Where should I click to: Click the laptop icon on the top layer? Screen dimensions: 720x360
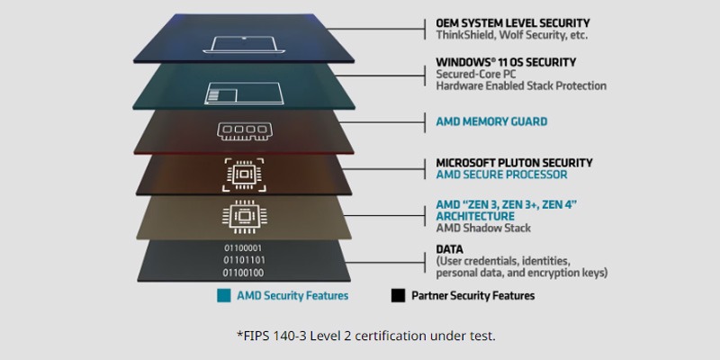coord(244,44)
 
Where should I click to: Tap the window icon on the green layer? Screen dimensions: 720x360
coord(244,93)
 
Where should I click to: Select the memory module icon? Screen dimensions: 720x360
coord(244,130)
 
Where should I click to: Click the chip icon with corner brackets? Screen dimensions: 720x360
coord(244,175)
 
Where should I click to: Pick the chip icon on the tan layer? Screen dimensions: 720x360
coord(244,215)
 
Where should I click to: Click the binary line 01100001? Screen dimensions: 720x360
coord(243,248)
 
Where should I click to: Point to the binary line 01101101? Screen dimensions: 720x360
coord(244,260)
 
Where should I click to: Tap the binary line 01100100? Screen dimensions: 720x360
coord(243,274)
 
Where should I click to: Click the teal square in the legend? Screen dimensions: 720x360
coord(224,296)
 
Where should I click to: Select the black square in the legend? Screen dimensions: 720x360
coord(398,296)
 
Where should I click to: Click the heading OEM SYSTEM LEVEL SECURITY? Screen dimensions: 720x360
coord(513,23)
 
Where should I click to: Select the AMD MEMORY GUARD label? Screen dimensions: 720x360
coord(491,121)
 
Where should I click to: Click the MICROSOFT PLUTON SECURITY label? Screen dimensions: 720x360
coord(514,163)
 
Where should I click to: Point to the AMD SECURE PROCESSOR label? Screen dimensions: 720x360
coord(501,175)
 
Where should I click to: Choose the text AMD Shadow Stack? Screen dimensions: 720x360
coord(483,229)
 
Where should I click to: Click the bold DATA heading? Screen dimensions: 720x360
coord(449,250)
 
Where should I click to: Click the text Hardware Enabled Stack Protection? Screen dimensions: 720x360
coord(521,85)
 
